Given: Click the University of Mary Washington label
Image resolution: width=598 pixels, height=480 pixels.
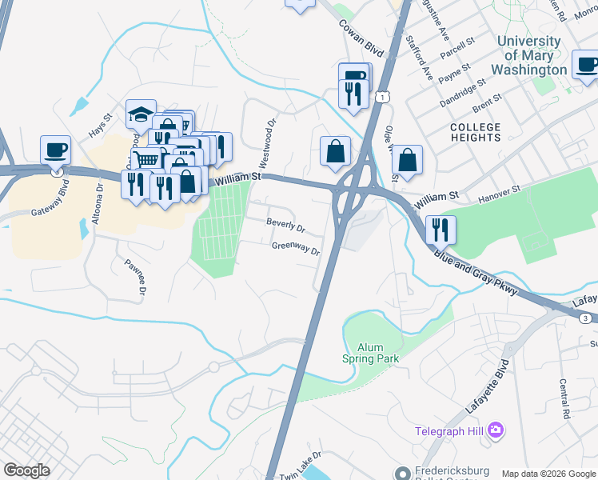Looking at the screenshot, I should (528, 55).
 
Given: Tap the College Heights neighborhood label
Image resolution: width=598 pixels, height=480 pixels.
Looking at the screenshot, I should (475, 132).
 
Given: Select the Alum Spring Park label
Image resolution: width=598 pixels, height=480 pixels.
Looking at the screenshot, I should (372, 353).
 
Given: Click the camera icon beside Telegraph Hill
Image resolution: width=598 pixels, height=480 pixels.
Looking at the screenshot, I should (496, 431).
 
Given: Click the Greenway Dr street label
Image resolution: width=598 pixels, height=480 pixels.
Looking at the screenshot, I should (295, 249).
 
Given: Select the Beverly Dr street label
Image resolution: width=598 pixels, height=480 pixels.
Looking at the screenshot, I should (285, 227).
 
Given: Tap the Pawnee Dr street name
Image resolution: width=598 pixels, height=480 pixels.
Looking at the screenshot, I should (134, 276).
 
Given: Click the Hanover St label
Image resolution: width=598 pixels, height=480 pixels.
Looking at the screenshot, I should (499, 193).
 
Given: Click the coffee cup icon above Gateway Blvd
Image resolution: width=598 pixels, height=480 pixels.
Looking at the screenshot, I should (56, 150).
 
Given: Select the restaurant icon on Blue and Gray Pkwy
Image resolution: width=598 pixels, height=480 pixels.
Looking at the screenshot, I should (441, 230).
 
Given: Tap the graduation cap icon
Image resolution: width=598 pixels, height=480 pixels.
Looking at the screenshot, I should (141, 114).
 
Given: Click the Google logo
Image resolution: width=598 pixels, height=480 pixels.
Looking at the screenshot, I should (26, 470).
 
